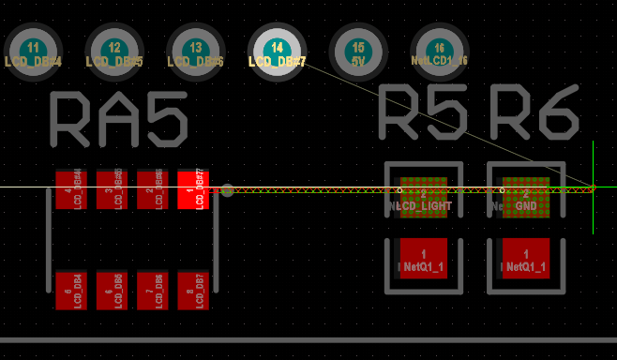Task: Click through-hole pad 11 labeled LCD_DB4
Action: pyautogui.click(x=33, y=52)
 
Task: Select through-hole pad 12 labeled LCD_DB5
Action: pyautogui.click(x=114, y=52)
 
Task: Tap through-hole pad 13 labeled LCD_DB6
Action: pyautogui.click(x=195, y=52)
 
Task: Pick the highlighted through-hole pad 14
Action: pyautogui.click(x=277, y=52)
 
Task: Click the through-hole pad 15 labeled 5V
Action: pyautogui.click(x=358, y=52)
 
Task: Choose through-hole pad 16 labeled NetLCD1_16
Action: pyautogui.click(x=440, y=52)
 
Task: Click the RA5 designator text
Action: pyautogui.click(x=118, y=119)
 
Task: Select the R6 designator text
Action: pyautogui.click(x=534, y=116)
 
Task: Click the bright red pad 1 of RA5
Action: pyautogui.click(x=192, y=189)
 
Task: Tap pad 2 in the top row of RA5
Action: pyautogui.click(x=152, y=189)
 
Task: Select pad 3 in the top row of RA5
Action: pyautogui.click(x=112, y=189)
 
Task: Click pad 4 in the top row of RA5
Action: pyautogui.click(x=70, y=189)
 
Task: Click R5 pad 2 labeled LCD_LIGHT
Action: pyautogui.click(x=424, y=198)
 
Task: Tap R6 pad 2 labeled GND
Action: pyautogui.click(x=526, y=198)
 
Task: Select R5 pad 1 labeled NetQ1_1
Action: pyautogui.click(x=424, y=260)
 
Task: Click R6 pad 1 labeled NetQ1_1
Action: pyautogui.click(x=526, y=260)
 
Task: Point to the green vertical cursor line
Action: pyautogui.click(x=594, y=216)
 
